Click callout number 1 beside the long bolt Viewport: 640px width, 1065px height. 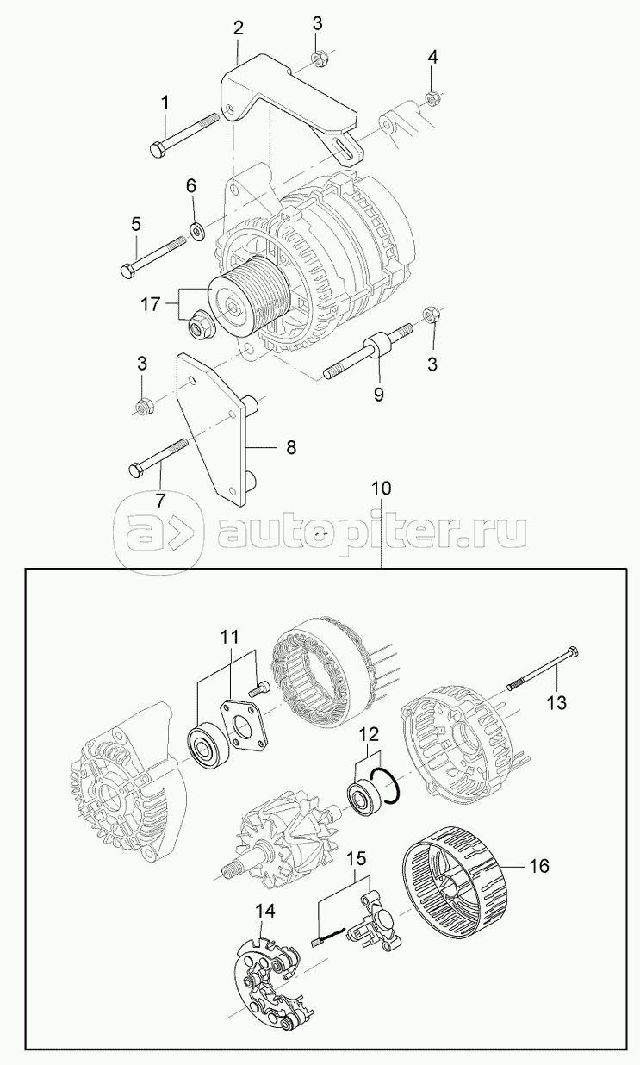(x=165, y=103)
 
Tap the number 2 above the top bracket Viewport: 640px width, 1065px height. (x=238, y=28)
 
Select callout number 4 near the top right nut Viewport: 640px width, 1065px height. (x=432, y=58)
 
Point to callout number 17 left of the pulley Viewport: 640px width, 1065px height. (x=151, y=304)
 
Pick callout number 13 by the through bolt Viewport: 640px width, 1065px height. (x=556, y=702)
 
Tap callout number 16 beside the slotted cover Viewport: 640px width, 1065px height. (x=537, y=866)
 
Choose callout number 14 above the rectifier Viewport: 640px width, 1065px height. (x=265, y=912)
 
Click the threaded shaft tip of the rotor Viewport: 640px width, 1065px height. (x=229, y=870)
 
